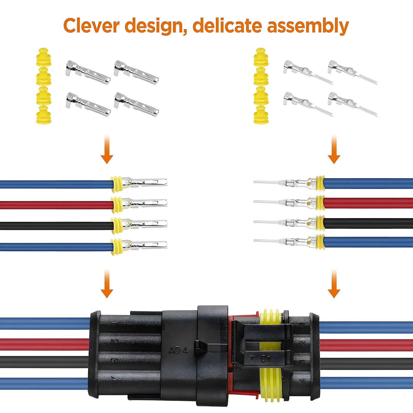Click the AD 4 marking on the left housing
(x=178, y=350)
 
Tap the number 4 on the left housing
(x=113, y=379)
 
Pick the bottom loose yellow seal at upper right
(x=261, y=115)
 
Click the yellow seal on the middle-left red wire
(x=116, y=205)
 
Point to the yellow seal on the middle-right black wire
(x=320, y=223)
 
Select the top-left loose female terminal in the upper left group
(x=88, y=72)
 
